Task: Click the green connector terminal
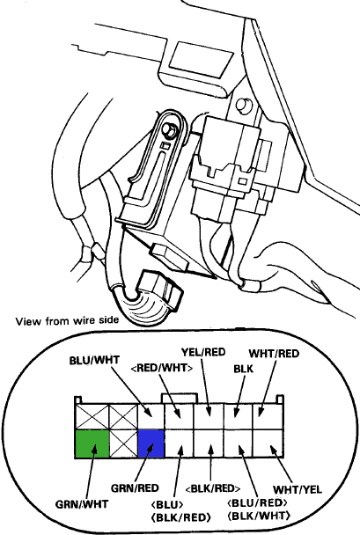pos(92,443)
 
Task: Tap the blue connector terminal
pos(151,443)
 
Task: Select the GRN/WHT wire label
pos(82,503)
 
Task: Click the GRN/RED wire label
pos(135,487)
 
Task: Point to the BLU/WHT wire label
pos(94,360)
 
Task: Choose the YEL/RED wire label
pos(203,352)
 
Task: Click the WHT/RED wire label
pos(274,354)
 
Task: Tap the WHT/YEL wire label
pos(298,489)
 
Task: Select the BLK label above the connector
pos(244,369)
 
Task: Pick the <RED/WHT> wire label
pos(162,368)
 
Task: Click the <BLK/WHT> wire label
pos(259,516)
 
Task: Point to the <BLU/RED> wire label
pos(258,502)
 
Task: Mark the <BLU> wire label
pos(167,504)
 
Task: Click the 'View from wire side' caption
pos(67,320)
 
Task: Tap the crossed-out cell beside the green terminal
pos(123,443)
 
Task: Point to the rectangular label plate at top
pos(201,59)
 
